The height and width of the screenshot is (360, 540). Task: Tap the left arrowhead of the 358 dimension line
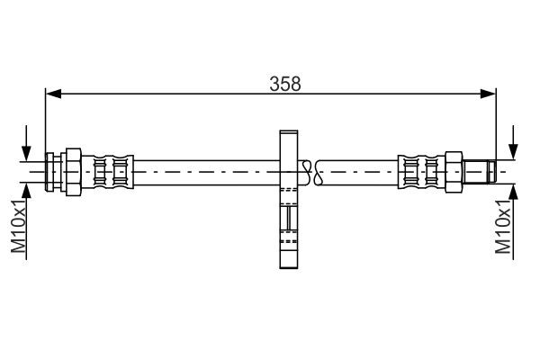tap(53, 93)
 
